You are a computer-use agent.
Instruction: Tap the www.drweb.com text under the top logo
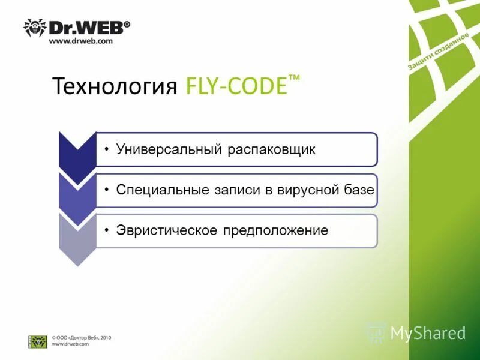point(80,41)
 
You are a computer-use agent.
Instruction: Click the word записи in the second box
point(233,190)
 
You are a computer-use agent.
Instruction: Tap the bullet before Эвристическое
point(106,229)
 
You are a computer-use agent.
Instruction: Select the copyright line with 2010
point(81,338)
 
